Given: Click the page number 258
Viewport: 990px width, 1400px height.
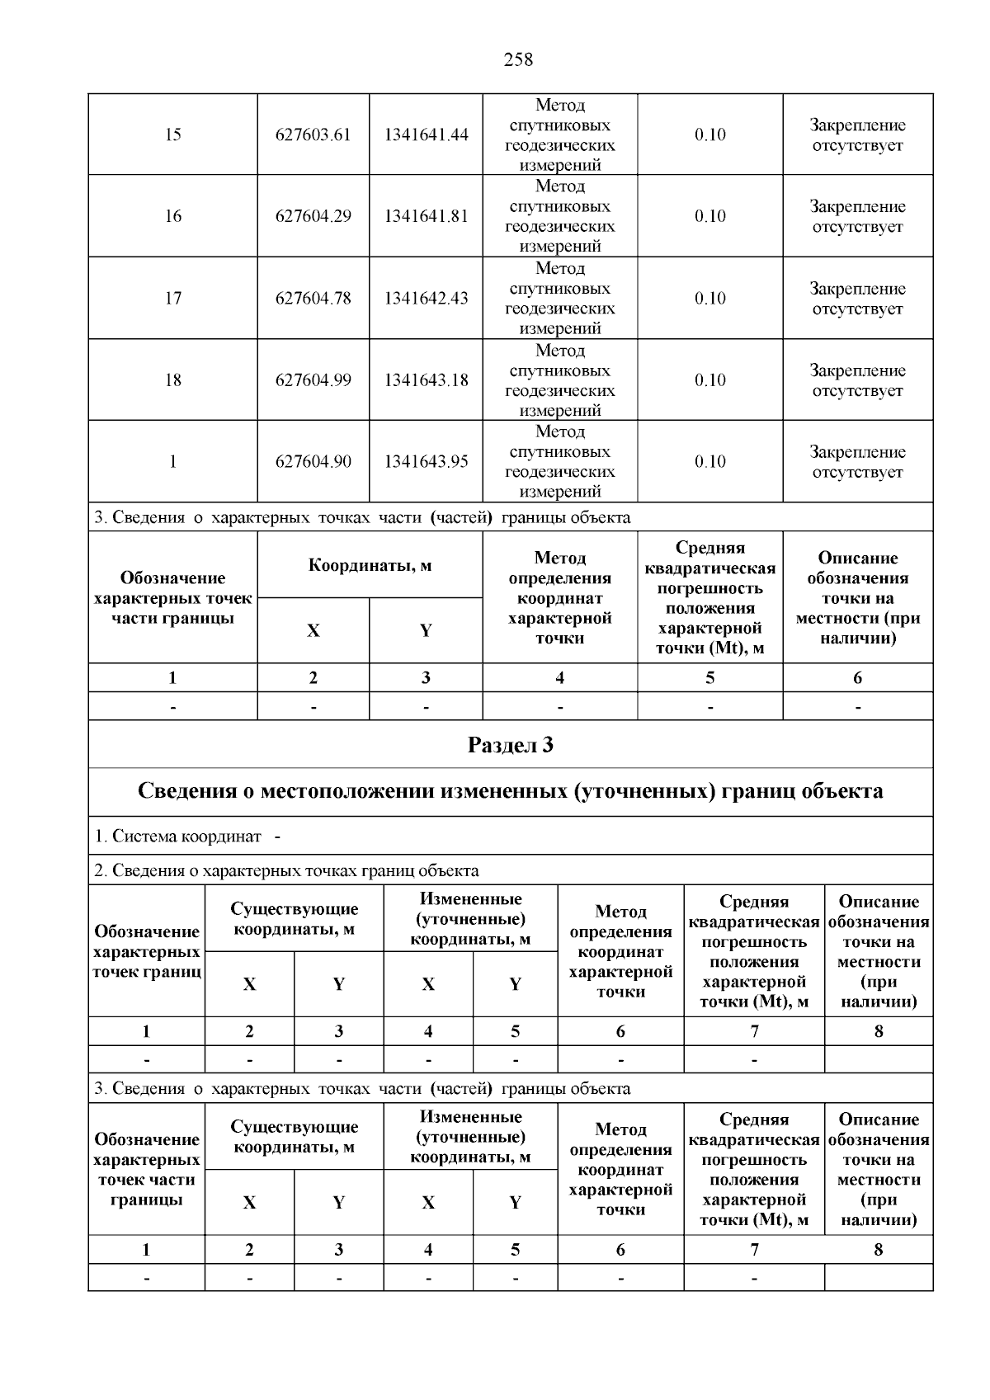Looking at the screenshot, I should click(518, 59).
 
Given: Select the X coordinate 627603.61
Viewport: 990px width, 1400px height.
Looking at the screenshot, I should click(313, 134).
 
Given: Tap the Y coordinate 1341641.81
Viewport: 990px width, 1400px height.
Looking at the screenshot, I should click(426, 216).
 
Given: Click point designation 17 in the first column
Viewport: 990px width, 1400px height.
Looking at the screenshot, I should click(172, 298).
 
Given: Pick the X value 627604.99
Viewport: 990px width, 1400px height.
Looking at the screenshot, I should click(313, 379).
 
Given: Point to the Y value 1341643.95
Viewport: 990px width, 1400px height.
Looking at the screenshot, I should click(426, 461).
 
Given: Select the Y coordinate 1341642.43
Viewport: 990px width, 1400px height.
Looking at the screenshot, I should click(426, 298).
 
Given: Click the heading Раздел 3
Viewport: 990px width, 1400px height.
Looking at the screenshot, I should click(510, 745).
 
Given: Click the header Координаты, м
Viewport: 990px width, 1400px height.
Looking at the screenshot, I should click(370, 566).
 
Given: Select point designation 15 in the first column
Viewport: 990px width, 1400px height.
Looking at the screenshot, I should click(172, 134).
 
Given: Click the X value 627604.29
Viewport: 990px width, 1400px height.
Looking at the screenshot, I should click(313, 216).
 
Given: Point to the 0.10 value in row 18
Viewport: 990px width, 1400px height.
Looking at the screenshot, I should click(709, 379).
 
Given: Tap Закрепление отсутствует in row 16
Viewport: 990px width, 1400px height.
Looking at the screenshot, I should click(857, 216).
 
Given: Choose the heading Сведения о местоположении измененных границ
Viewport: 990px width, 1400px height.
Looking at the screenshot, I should click(510, 791).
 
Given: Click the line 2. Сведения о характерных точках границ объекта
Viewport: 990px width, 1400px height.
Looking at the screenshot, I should click(286, 870).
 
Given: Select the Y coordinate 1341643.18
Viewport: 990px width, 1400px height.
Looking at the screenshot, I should click(426, 379).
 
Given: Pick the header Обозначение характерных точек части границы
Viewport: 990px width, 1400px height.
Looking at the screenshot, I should click(172, 598).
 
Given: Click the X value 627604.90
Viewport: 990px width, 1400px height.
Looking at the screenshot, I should click(313, 461).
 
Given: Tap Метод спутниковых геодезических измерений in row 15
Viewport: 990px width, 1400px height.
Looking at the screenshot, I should click(559, 134).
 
